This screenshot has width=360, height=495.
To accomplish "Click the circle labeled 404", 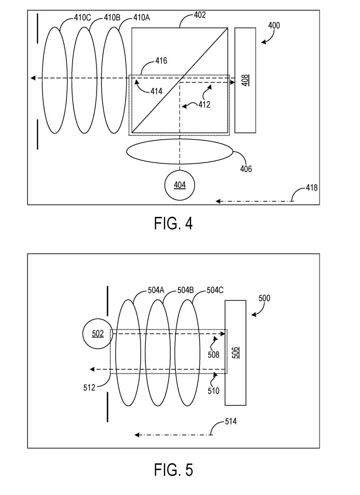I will point(179,185).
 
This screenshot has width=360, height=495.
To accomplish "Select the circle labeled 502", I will point(98,333).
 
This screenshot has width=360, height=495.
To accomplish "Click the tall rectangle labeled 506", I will point(235,353).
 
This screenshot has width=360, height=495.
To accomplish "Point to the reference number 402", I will point(200,15).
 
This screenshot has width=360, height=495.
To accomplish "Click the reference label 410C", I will point(82,17).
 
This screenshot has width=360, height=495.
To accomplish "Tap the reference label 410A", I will point(142,17).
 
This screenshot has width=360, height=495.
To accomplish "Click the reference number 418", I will point(312,187).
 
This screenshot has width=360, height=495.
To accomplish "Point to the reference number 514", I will point(231,422).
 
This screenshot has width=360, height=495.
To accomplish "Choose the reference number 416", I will point(161,61).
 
